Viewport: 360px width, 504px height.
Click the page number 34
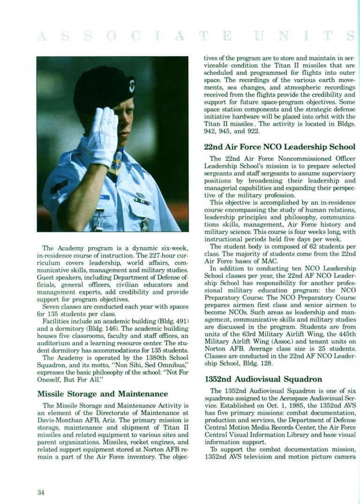tap(41, 491)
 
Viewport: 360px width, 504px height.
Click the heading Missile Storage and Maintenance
tap(102, 393)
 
